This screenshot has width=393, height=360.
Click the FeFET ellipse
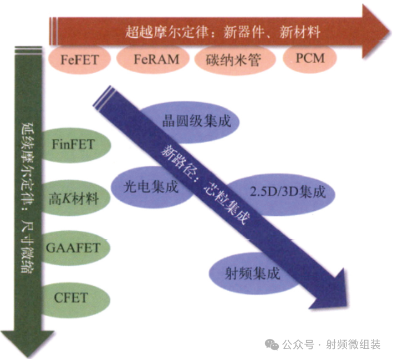tap(79, 59)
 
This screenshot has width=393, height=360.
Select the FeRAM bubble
tap(153, 59)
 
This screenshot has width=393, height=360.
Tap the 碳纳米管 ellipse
tap(234, 60)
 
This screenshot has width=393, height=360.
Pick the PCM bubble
tap(310, 58)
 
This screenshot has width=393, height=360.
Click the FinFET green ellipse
tap(75, 145)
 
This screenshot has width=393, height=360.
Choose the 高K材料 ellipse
tap(75, 198)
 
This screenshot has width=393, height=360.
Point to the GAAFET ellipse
tap(75, 248)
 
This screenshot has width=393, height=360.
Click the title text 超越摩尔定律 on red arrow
tap(167, 32)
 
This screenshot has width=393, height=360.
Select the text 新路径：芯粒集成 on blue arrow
tap(205, 185)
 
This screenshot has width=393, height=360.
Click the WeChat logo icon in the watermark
tap(272, 344)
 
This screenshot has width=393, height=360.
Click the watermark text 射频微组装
tap(354, 344)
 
